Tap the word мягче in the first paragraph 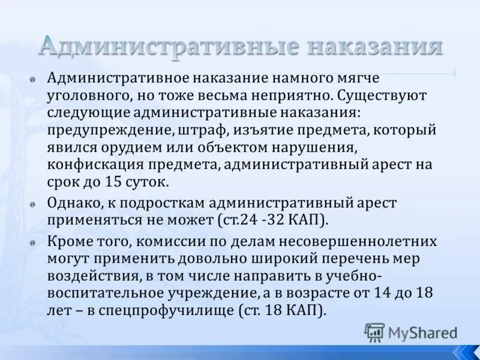point(358,79)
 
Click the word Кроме point(67,242)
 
